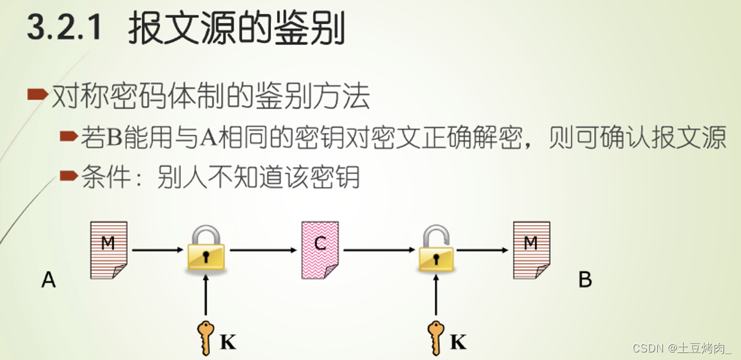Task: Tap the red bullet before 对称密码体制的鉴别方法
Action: tap(37, 95)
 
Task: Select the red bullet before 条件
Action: tap(69, 175)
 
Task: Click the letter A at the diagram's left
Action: tap(49, 279)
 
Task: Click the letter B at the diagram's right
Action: tap(585, 279)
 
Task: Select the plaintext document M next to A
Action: tap(108, 250)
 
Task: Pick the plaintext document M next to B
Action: tap(531, 250)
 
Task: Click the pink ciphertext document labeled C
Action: tap(320, 250)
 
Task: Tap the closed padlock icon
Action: tap(205, 249)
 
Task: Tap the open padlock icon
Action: tap(436, 249)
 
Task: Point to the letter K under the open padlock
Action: tap(458, 342)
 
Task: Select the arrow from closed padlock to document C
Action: tap(263, 250)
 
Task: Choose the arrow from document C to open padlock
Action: tap(378, 250)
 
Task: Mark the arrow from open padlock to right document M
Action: tap(482, 250)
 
